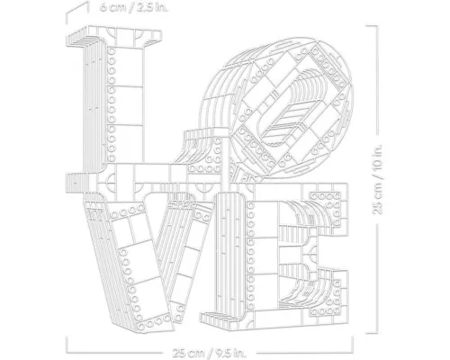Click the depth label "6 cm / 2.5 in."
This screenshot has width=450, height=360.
(x=134, y=7)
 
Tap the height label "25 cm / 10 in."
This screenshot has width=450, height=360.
(x=378, y=179)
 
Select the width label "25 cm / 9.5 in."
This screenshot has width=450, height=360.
(x=209, y=353)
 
